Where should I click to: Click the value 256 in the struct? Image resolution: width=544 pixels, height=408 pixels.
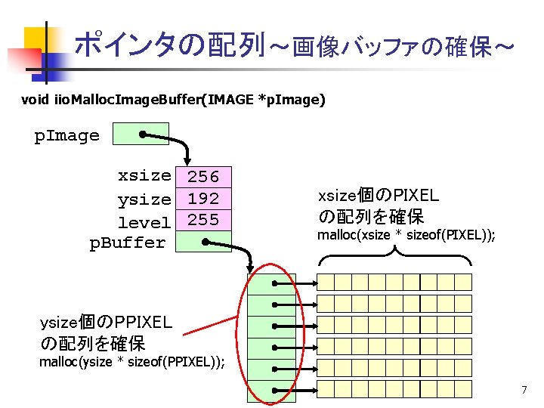point(203,177)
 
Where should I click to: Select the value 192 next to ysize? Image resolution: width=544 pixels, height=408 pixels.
point(203,199)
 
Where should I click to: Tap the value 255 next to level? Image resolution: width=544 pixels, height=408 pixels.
point(203,220)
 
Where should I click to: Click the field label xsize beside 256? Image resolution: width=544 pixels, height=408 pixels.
point(144,175)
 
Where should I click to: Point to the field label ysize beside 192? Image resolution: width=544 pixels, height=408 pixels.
point(144,199)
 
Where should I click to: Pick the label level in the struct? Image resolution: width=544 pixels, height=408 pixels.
point(144,222)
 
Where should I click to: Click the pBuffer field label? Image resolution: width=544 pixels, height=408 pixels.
point(128,243)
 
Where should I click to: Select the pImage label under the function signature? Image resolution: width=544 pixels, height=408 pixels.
point(67,136)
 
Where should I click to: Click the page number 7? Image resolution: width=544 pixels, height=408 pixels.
point(524,390)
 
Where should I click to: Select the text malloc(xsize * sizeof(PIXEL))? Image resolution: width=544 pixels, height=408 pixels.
point(406,235)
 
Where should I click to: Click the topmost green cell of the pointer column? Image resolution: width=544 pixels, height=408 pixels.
point(271,283)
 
